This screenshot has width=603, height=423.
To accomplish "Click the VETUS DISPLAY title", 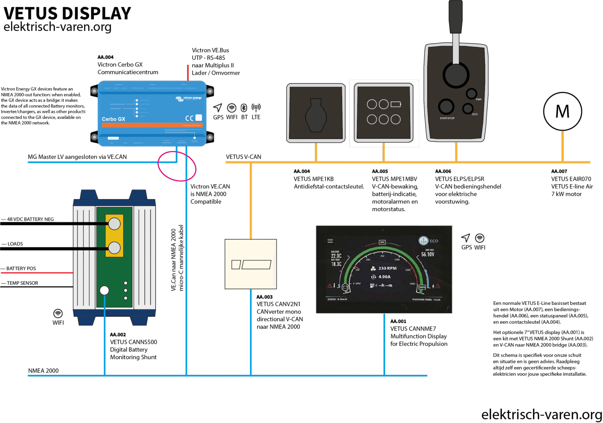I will coord(67,13).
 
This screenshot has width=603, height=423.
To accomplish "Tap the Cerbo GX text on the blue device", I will coord(113,119).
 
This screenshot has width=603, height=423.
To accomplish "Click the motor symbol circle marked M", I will coord(562,112).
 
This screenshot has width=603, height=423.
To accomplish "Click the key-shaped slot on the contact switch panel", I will coord(316,115).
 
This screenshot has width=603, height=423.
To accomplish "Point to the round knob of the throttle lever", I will coord(456,74).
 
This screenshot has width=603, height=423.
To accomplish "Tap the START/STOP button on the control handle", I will coord(446,107).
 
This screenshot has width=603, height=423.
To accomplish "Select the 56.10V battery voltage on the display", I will coord(428,254).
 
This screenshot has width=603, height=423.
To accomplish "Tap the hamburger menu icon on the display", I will coord(330,241).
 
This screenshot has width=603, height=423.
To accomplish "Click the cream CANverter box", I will coord(251,264).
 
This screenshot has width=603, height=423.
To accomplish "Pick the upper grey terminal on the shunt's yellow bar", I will coord(114,224).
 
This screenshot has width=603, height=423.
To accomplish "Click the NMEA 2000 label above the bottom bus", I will coord(43,370).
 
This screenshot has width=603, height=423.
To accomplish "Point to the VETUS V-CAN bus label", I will coord(243,157).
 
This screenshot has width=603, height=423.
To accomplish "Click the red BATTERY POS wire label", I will coord(21,269).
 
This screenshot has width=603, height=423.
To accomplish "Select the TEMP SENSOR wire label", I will coord(22,283).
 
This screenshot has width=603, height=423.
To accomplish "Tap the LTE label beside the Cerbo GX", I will coord(256,117).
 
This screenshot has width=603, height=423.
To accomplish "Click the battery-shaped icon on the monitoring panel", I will coord(396,104).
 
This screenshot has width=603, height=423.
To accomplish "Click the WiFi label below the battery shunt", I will coord(58,323).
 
